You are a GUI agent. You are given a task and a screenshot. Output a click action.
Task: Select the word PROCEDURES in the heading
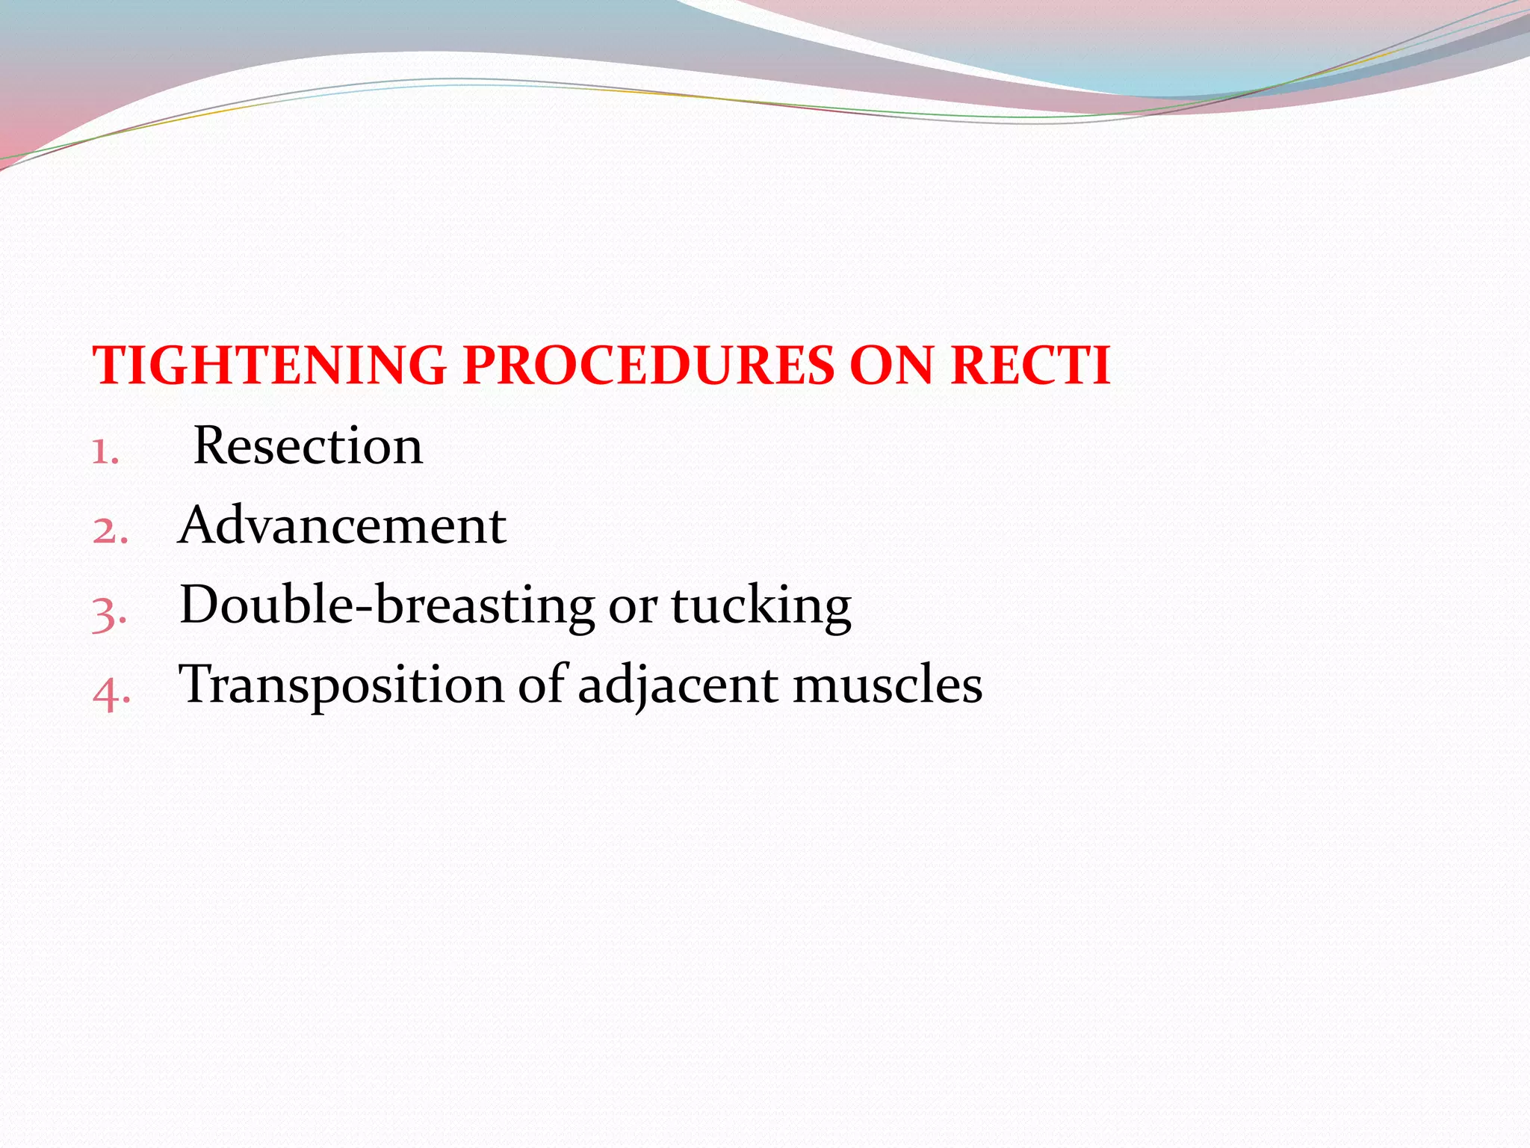(648, 366)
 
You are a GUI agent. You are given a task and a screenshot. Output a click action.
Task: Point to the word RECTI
(1030, 366)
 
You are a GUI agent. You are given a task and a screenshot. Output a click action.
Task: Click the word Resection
(308, 446)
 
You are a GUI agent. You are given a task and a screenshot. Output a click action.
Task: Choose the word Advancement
(342, 525)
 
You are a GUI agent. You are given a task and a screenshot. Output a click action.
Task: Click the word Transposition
(341, 685)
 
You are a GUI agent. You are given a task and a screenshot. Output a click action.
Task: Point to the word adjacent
(678, 685)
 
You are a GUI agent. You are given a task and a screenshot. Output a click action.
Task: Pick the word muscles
(887, 685)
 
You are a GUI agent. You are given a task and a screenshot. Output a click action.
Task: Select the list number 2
(109, 531)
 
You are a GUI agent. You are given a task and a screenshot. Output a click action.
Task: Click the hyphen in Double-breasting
(364, 608)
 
